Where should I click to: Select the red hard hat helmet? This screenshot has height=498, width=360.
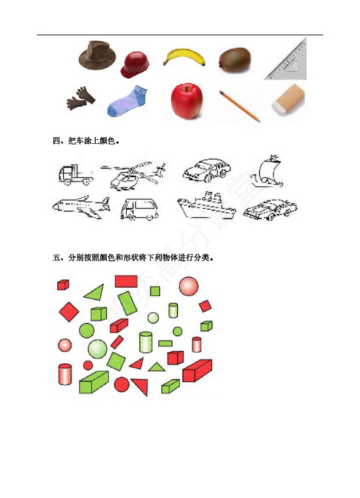point(135,65)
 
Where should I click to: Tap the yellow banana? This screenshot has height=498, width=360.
point(184,57)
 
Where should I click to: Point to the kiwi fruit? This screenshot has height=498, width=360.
point(234,61)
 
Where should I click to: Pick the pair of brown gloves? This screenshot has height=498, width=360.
point(81,98)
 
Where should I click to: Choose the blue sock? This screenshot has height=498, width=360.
point(127,101)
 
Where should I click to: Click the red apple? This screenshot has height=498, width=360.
point(187,101)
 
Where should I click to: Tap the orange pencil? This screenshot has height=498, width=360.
point(240,106)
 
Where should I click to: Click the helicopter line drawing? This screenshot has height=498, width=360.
point(133,175)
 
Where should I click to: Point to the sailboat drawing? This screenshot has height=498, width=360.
point(266,171)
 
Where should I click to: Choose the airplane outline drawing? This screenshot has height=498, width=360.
point(81,207)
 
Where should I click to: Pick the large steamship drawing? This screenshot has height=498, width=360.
point(206,206)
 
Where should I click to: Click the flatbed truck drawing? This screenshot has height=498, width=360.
point(76,174)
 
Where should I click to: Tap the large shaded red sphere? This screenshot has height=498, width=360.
point(188,286)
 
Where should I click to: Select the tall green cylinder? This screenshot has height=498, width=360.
point(146,342)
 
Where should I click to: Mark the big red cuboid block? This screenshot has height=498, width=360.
point(197,370)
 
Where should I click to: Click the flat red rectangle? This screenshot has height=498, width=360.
point(126,281)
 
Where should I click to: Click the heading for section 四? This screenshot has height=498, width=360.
point(86,141)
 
